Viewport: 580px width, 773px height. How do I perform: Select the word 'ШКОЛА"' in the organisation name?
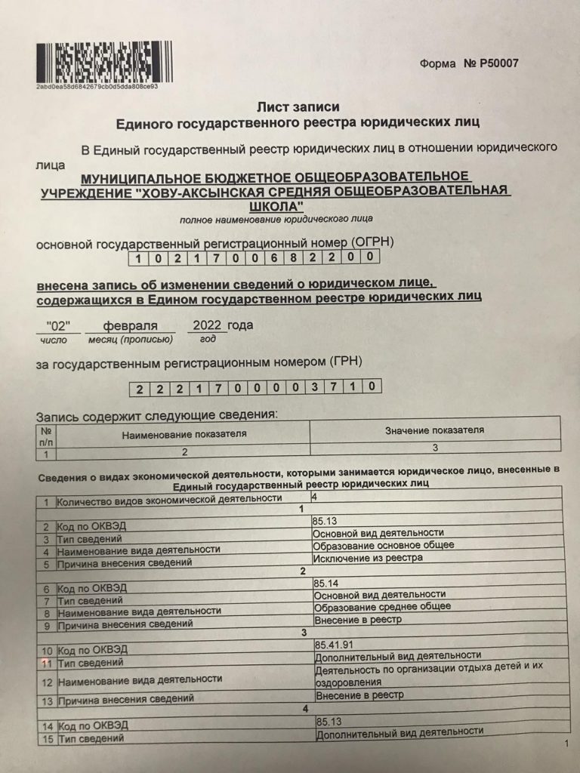click(277, 205)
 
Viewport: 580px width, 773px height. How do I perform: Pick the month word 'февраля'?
click(131, 326)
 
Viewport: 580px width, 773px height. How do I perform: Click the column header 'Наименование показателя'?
click(184, 434)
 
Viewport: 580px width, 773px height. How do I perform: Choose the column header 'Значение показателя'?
click(434, 430)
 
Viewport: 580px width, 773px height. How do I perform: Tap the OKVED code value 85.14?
click(325, 582)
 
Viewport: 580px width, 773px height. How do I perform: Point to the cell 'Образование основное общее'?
click(384, 544)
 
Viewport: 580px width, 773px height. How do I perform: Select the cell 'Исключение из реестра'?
click(369, 557)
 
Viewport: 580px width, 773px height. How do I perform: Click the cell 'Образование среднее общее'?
click(382, 606)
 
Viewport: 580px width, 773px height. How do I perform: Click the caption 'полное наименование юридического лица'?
click(276, 220)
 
